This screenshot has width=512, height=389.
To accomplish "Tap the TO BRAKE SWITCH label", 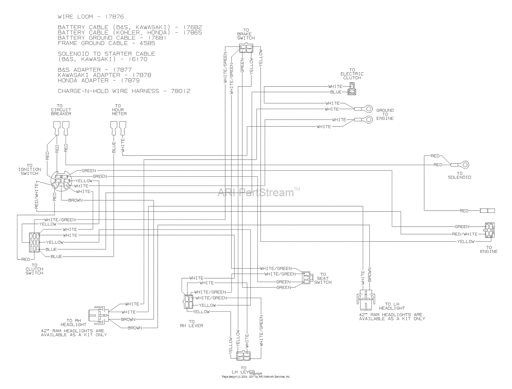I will click(246, 34).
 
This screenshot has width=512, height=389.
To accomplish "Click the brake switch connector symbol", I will click(246, 49).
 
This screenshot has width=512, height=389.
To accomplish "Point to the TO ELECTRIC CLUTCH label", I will click(352, 74).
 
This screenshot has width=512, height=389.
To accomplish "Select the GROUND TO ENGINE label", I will click(385, 115).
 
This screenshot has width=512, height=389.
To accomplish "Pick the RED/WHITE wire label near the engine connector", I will click(465, 234).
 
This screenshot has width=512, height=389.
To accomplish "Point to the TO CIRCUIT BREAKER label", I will click(61, 110).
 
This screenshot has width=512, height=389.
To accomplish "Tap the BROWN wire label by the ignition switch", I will click(75, 200).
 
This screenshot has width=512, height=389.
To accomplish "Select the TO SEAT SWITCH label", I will click(323, 278).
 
